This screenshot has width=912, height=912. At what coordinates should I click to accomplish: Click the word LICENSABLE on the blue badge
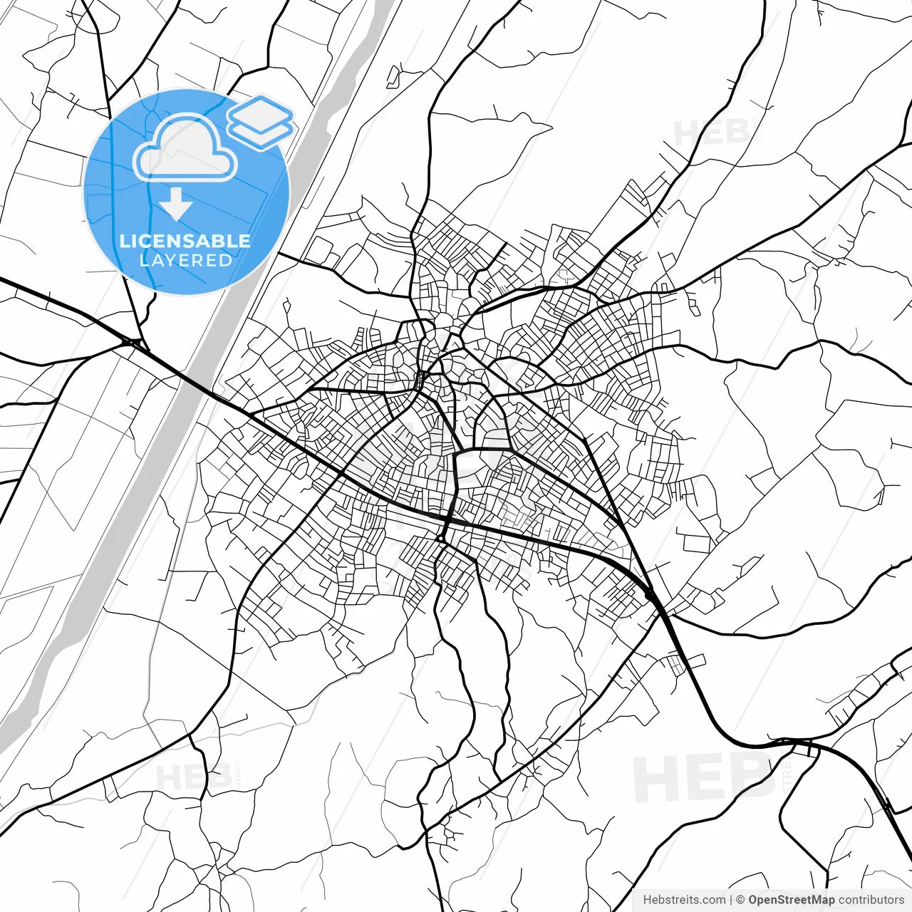185,241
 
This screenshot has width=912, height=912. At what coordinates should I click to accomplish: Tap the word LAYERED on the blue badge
185,261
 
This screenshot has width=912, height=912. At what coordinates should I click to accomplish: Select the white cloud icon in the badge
185,148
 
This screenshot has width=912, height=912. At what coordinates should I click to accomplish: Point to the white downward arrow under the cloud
175,205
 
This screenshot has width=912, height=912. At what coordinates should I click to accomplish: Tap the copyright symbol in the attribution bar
740,900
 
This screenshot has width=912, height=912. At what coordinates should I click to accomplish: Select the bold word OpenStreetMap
791,900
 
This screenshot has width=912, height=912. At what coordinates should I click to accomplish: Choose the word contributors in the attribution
871,900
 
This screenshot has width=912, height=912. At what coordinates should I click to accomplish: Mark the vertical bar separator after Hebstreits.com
731,900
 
